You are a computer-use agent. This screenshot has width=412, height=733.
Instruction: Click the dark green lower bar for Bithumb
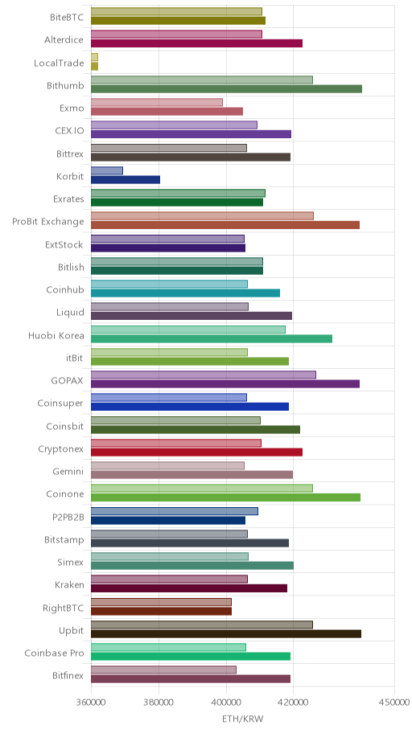[226, 89]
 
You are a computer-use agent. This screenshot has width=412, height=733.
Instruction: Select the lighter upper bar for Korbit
[107, 170]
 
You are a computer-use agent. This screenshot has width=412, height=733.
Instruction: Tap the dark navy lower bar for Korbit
[126, 179]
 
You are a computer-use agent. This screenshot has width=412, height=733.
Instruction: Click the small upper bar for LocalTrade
[94, 57]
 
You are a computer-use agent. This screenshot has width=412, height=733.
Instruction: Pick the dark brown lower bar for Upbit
[226, 634]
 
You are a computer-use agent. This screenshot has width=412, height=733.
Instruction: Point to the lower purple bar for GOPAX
[225, 384]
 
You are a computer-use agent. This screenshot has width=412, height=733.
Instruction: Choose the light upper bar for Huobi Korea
[188, 330]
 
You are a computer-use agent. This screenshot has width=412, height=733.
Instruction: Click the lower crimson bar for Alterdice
[196, 43]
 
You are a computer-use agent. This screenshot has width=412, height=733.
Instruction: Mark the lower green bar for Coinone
[225, 498]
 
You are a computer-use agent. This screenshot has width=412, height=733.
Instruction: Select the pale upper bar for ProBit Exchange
[202, 216]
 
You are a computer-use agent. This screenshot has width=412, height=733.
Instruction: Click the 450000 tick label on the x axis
[394, 702]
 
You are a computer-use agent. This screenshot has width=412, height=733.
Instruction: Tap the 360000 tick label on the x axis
[91, 702]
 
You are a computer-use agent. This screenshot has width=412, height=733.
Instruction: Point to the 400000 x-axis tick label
[226, 702]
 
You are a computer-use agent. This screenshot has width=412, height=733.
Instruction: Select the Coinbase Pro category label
[54, 653]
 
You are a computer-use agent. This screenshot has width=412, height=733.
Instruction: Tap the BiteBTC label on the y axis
[67, 18]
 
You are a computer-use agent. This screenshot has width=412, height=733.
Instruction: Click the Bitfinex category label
[68, 675]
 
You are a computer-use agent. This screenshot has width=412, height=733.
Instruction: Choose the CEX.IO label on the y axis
[70, 130]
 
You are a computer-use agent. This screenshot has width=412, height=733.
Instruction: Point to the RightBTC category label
[64, 608]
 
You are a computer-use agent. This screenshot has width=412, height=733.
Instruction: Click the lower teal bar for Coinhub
[185, 293]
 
